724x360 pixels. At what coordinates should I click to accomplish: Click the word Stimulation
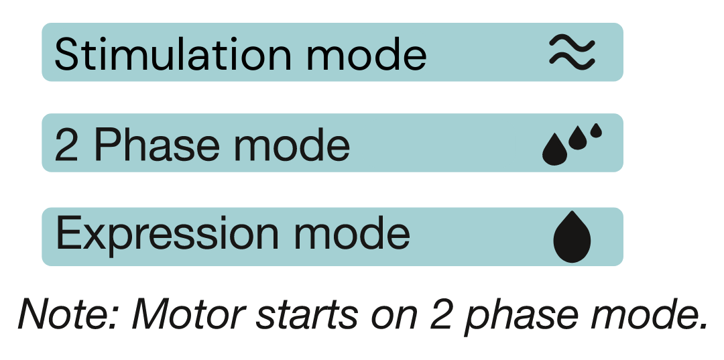(x=173, y=54)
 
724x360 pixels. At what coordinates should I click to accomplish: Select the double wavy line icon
(x=572, y=52)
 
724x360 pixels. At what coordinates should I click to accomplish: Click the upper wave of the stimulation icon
(x=572, y=43)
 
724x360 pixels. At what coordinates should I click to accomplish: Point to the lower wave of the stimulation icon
(x=572, y=62)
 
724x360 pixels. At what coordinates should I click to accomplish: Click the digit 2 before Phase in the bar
(x=66, y=145)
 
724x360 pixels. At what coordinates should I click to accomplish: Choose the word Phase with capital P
(x=156, y=145)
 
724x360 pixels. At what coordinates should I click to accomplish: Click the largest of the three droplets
(x=554, y=150)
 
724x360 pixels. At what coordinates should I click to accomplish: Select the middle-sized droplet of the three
(x=578, y=139)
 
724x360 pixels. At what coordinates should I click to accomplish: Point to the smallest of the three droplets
(x=596, y=131)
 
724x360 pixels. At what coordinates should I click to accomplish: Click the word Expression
(x=167, y=235)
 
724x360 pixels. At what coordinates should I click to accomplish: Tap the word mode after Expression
(x=351, y=235)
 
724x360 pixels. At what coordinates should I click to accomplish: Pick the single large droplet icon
(x=572, y=238)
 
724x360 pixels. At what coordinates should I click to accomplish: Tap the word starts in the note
(x=306, y=316)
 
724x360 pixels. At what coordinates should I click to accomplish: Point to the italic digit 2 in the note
(x=442, y=314)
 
